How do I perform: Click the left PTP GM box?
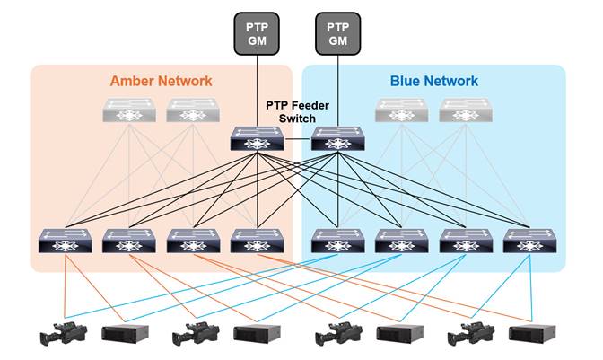point(258,33)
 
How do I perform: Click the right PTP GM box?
point(337,33)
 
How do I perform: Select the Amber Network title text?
point(162,81)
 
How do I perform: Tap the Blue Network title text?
point(433,81)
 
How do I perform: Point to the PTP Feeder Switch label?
point(297,111)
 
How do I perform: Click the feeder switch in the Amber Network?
point(258,139)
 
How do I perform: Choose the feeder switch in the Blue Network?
point(337,139)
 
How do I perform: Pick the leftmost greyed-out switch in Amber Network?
point(129,110)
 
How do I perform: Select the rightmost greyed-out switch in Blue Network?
point(466,110)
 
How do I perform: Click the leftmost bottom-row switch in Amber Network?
point(66,241)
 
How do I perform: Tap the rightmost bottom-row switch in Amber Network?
point(258,241)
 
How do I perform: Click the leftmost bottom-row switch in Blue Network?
point(337,241)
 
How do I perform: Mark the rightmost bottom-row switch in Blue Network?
point(529,241)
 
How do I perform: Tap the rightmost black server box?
point(532,335)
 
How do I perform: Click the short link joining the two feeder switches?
point(297,139)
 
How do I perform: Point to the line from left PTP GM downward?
point(258,90)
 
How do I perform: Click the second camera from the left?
point(196,333)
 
